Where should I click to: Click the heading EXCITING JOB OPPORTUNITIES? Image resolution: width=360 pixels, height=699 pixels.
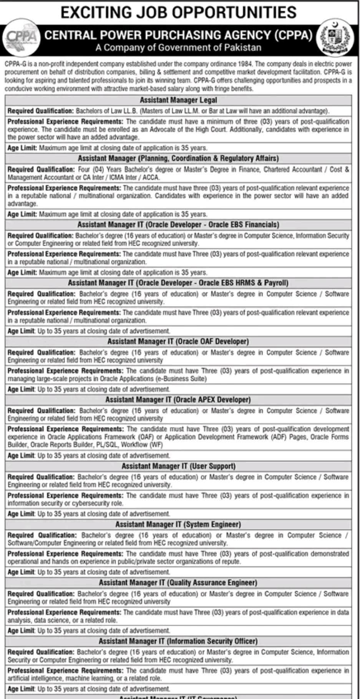coord(179,12)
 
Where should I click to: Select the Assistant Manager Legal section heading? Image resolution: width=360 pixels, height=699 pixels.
coord(178,100)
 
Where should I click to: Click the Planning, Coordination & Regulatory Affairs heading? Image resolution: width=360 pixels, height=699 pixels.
coord(178,158)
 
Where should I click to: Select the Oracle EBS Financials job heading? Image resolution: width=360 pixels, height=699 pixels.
coord(178,225)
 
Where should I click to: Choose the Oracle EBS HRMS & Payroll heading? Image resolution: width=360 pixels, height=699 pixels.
coord(178,283)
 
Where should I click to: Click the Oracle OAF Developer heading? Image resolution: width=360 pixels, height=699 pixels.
coord(178,341)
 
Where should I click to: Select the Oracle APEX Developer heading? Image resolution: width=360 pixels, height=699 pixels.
coord(178,400)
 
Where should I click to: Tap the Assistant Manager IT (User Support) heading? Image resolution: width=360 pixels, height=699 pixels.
coord(178,466)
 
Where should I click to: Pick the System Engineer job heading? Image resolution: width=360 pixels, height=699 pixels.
coord(178,525)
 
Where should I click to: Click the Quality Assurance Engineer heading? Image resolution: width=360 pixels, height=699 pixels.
coord(178,583)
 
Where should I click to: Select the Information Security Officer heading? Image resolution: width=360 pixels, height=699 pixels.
coord(178,641)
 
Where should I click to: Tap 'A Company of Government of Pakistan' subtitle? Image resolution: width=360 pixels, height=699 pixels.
coord(178,48)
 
